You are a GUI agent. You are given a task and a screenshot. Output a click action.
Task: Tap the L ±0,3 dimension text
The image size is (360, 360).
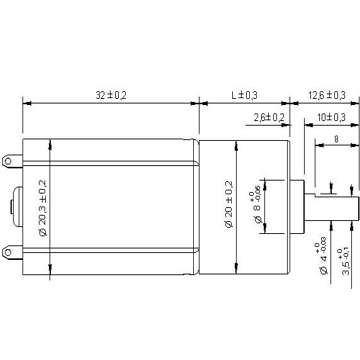245,95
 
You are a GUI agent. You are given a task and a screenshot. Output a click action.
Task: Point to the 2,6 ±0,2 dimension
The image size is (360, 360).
268,117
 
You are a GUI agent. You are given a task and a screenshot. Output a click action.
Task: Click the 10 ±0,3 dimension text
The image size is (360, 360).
326,117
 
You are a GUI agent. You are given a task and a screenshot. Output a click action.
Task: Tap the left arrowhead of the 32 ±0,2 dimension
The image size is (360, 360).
23,103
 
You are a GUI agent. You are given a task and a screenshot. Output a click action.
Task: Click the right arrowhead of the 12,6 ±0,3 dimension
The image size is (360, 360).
346,103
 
